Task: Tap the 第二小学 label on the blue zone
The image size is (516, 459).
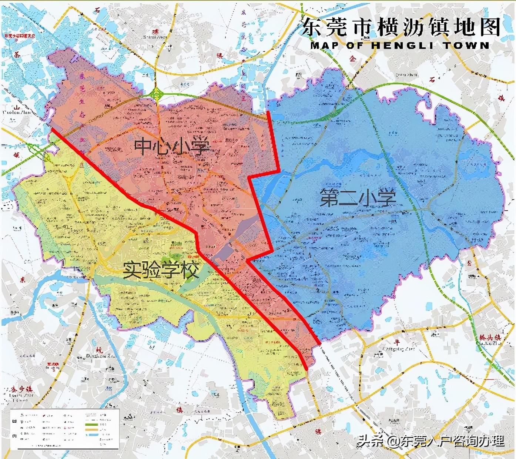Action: (358, 198)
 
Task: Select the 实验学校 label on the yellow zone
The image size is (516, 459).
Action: (161, 270)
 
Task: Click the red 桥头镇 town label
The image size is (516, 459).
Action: (489, 338)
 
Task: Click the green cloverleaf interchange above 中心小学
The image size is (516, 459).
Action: (157, 93)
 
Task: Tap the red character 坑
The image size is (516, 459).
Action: (99, 350)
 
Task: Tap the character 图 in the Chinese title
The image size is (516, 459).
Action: (490, 27)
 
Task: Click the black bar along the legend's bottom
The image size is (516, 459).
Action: (68, 448)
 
